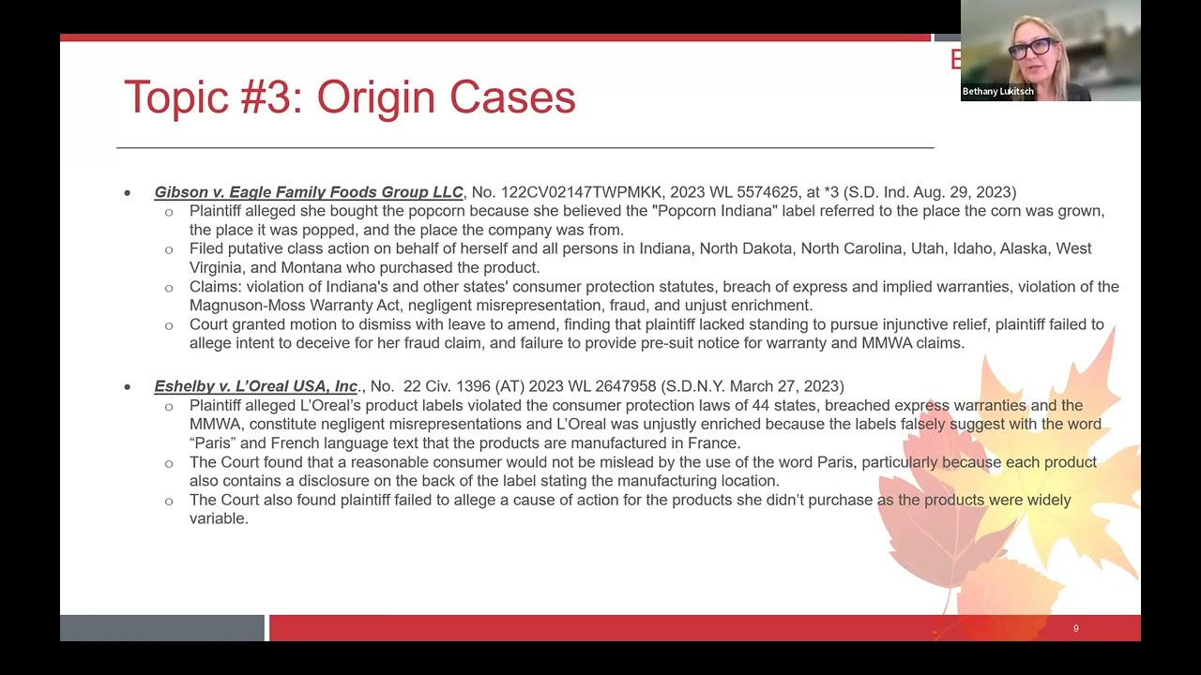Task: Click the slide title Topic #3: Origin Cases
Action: [x=349, y=97]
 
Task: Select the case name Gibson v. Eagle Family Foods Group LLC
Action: [x=309, y=192]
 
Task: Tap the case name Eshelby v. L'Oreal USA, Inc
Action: [x=256, y=386]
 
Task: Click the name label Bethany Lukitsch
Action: [x=997, y=92]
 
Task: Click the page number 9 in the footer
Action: [x=1075, y=628]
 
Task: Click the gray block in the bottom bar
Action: [x=161, y=628]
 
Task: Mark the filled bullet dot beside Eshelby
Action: [x=128, y=386]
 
